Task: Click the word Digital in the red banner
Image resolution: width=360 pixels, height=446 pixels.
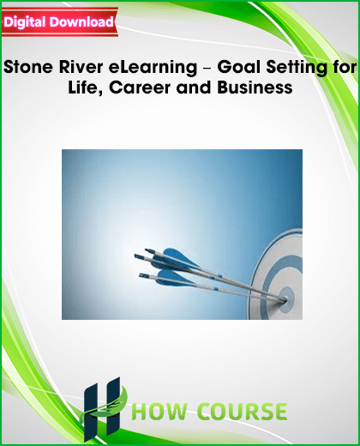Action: (x=25, y=22)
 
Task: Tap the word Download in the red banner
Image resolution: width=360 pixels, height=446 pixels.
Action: (x=81, y=21)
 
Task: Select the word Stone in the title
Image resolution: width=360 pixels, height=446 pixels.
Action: (x=28, y=67)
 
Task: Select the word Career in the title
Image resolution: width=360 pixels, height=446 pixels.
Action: (x=140, y=87)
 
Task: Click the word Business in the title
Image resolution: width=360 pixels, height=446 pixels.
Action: (x=255, y=87)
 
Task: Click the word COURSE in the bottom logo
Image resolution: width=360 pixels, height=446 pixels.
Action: (x=243, y=412)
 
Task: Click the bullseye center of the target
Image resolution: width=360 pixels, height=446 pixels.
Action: (x=285, y=298)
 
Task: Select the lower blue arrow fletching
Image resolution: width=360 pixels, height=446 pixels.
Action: (x=174, y=278)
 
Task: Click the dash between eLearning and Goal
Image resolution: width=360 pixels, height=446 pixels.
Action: (x=207, y=69)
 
